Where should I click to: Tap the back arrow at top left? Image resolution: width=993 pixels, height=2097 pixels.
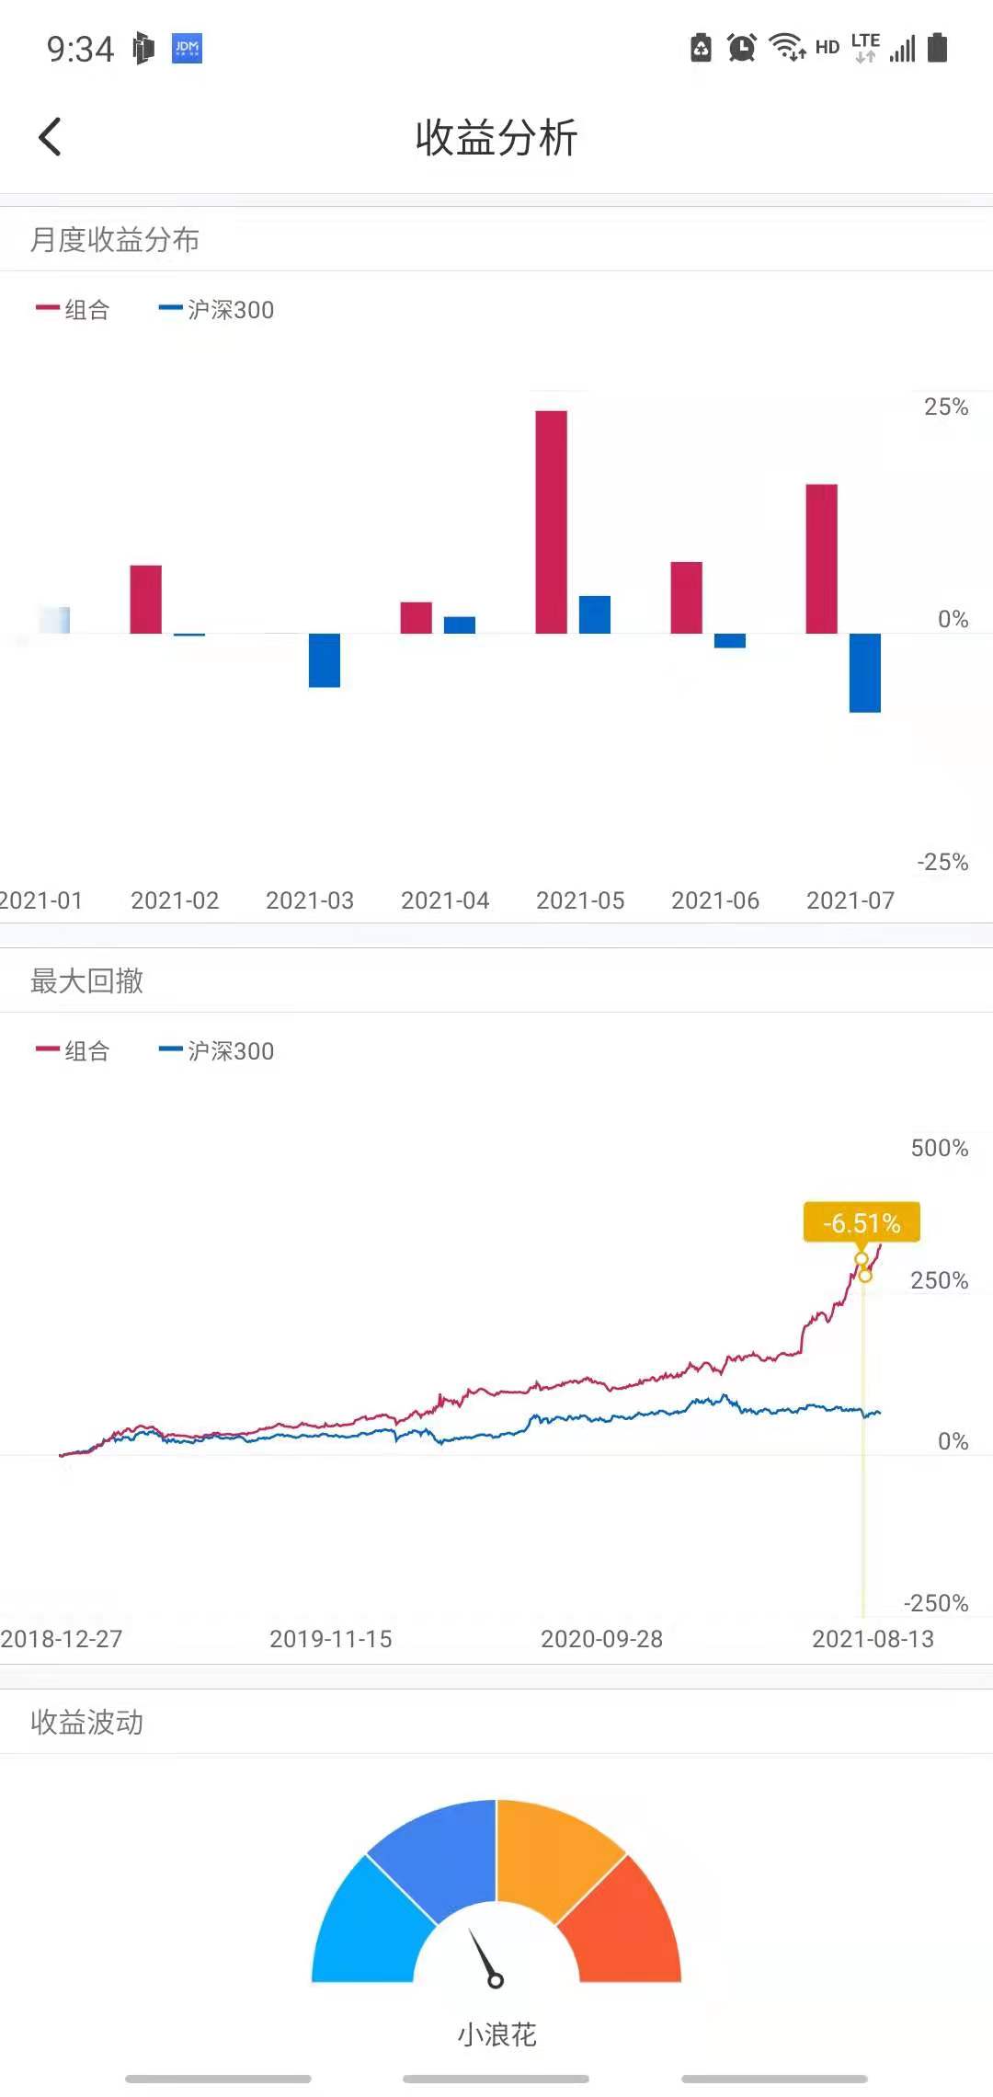click(x=51, y=137)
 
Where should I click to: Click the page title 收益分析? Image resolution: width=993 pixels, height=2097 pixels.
click(x=496, y=138)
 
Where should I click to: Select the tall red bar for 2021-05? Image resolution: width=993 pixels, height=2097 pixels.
click(x=551, y=521)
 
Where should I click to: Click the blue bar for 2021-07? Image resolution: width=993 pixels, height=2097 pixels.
click(x=864, y=672)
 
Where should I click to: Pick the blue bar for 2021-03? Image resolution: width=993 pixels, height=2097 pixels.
click(x=324, y=659)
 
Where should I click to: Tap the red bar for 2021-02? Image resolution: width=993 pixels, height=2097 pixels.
click(x=145, y=599)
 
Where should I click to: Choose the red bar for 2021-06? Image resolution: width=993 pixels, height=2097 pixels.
click(x=686, y=597)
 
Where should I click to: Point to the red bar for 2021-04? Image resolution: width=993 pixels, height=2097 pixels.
click(x=416, y=617)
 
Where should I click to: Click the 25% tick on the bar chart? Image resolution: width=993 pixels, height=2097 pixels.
click(x=945, y=407)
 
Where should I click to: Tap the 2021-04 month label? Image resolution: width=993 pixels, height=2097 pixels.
click(x=445, y=900)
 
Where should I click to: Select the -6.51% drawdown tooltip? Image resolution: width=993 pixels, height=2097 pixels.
click(x=862, y=1222)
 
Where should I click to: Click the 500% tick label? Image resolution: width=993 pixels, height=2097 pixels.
click(x=939, y=1148)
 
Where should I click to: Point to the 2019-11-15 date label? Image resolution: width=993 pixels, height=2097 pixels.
click(x=331, y=1639)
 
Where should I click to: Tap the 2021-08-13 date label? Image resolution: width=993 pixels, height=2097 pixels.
click(x=873, y=1639)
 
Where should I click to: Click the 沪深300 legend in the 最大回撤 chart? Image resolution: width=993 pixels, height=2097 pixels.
click(x=217, y=1050)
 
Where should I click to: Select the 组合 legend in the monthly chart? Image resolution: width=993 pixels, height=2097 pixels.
click(x=74, y=310)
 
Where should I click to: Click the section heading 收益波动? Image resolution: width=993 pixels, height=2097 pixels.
click(x=86, y=1722)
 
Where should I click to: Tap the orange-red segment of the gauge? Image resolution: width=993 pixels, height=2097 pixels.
click(x=625, y=1922)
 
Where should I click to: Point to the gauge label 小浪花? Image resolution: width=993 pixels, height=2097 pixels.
click(x=496, y=2034)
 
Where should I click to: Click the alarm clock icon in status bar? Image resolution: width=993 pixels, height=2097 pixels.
click(x=741, y=48)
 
